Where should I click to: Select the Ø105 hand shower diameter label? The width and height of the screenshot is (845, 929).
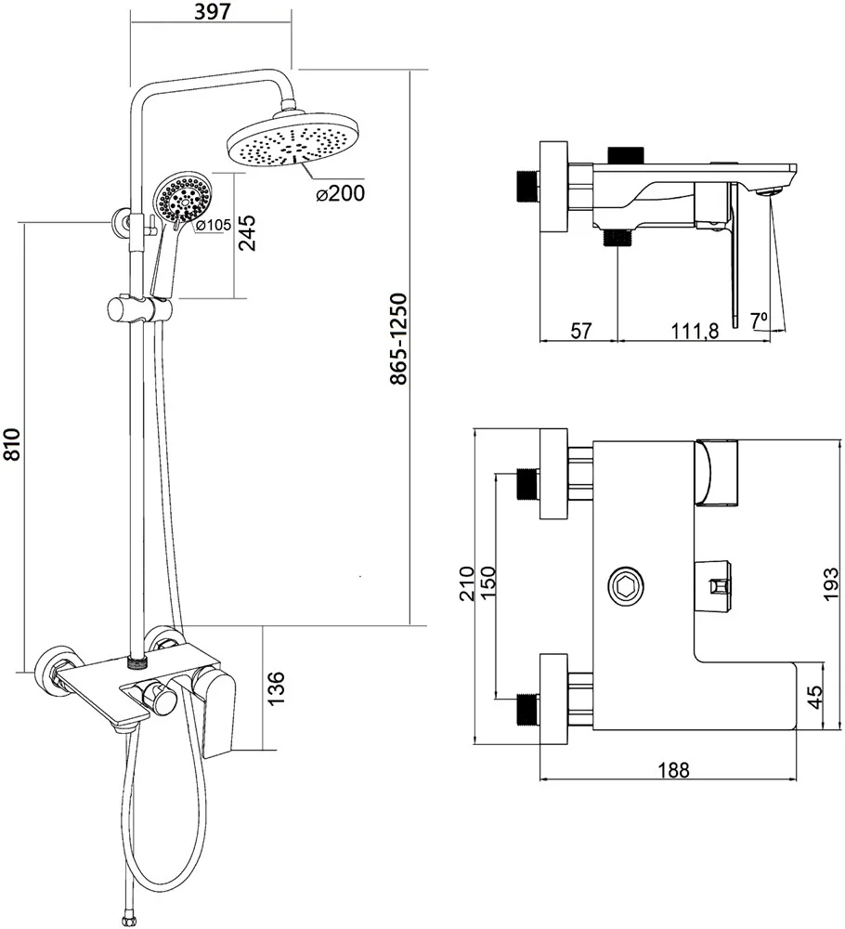[213, 225]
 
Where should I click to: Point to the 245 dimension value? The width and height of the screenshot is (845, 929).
[246, 234]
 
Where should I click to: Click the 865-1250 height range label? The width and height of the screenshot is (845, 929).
[398, 339]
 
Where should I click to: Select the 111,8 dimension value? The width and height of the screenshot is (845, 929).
[692, 332]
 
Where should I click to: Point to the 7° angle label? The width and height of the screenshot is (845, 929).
[760, 319]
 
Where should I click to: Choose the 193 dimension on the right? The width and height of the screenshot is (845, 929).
[832, 585]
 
